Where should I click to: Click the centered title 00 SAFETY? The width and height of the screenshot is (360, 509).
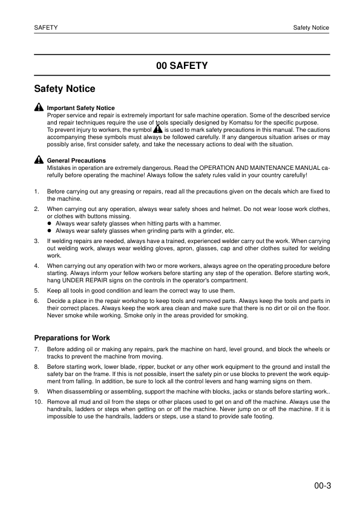pos(182,66)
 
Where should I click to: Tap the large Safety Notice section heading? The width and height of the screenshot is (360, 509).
pos(65,89)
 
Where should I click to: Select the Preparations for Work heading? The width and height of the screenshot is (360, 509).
pos(72,338)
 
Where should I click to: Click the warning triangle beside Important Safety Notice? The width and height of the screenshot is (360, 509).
pos(39,108)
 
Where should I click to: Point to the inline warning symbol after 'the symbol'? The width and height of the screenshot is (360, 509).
pos(158,129)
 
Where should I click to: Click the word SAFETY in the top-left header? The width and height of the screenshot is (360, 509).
pos(46,28)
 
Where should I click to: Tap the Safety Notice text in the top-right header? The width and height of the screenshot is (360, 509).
pos(311,28)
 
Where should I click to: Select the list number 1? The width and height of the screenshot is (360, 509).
pos(36,192)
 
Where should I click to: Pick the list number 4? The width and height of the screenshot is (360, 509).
pos(36,265)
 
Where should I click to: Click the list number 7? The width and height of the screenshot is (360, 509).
pos(36,349)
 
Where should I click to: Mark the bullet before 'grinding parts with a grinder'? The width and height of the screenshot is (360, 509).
pos(50,231)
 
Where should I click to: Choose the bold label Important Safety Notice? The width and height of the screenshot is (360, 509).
pos(80,108)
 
